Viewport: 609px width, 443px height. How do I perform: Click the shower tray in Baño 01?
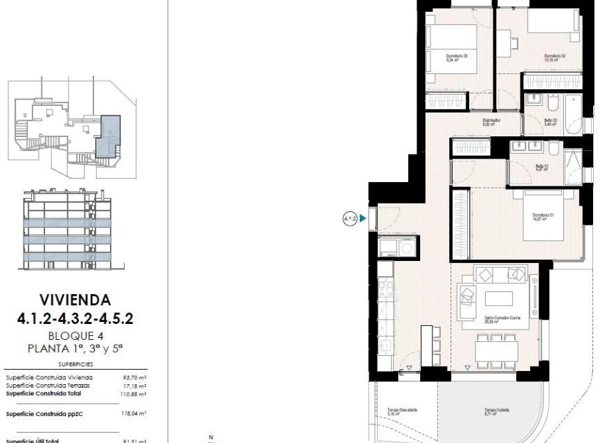click(573, 165)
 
